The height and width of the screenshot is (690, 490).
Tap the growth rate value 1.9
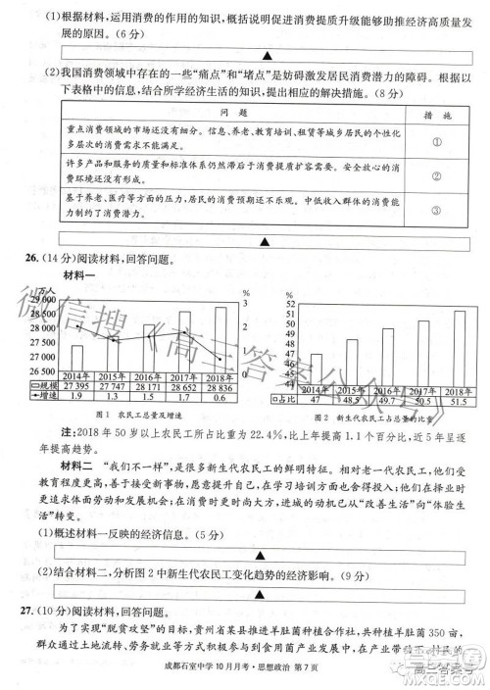(x=75, y=398)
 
